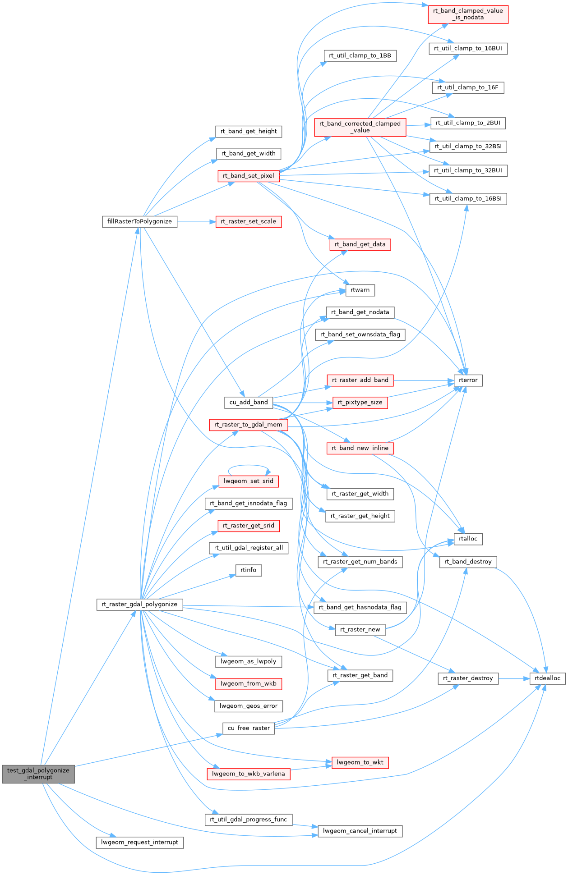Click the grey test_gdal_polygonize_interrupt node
point(38,774)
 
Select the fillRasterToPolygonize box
point(139,222)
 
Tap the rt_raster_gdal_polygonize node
point(139,605)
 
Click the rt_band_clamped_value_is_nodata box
point(468,14)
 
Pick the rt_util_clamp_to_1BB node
point(360,55)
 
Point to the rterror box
point(468,380)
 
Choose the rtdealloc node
point(547,678)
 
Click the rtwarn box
point(360,290)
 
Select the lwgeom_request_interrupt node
point(139,842)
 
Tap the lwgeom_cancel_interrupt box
point(360,831)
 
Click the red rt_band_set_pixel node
point(248,176)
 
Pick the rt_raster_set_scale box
point(249,222)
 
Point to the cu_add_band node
point(249,402)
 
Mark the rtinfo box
point(248,570)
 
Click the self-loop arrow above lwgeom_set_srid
point(249,466)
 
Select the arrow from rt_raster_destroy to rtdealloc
point(514,678)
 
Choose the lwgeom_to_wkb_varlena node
point(249,774)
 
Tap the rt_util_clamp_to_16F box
point(468,87)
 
